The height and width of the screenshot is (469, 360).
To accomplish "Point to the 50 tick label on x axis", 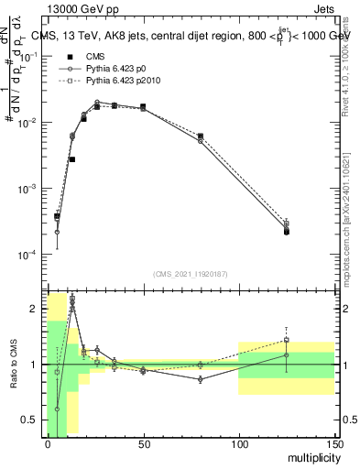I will [143, 444].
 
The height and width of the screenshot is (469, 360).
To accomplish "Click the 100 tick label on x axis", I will [239, 444].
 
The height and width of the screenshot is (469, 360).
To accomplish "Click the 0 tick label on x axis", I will [48, 444].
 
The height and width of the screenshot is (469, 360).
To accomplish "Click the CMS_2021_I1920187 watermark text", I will [191, 273].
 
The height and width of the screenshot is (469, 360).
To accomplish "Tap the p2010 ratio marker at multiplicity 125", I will [287, 340].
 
